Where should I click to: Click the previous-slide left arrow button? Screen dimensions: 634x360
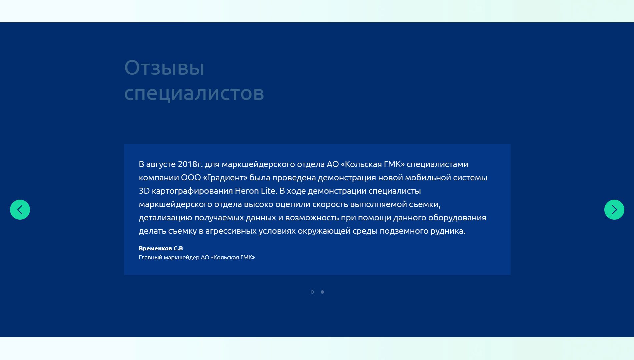click(20, 210)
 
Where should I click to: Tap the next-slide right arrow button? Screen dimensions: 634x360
click(614, 210)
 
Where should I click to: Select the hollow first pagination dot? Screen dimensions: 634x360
click(312, 292)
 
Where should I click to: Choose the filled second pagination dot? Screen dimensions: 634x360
click(322, 292)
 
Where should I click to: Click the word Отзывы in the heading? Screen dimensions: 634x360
click(164, 68)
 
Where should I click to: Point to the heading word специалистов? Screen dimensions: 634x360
click(194, 93)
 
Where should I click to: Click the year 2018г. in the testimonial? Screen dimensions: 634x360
click(190, 164)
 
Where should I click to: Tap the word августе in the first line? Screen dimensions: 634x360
click(161, 164)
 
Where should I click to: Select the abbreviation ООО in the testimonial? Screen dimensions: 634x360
click(191, 178)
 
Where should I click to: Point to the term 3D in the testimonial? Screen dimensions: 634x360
click(144, 191)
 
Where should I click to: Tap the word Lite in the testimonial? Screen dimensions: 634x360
click(268, 191)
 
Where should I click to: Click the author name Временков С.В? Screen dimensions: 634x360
click(161, 248)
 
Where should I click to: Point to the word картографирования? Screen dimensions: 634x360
click(192, 191)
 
